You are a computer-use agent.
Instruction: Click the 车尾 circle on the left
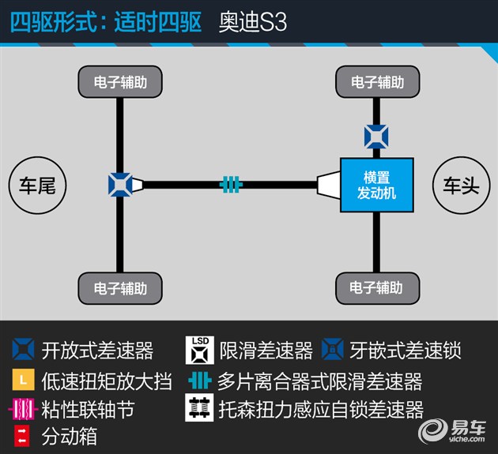(37, 186)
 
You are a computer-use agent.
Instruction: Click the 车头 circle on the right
(461, 186)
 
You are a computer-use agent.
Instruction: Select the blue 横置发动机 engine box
(377, 185)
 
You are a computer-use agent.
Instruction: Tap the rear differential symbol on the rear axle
(120, 185)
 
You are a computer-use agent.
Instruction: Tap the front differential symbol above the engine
(376, 137)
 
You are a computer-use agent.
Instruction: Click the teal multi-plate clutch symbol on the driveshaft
(231, 184)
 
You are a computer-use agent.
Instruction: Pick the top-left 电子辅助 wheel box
(120, 81)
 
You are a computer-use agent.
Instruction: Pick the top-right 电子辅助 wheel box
(377, 81)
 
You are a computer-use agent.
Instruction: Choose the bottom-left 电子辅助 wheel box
(120, 288)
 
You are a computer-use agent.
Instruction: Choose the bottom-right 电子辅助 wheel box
(377, 288)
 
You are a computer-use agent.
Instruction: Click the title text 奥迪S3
(253, 22)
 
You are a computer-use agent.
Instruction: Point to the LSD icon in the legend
(200, 351)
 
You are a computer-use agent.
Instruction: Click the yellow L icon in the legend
(23, 380)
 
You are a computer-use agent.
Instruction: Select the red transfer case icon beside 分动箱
(22, 436)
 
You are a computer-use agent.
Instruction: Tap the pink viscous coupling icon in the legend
(23, 409)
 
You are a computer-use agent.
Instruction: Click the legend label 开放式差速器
(97, 351)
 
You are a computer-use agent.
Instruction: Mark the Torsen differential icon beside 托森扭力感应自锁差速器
(199, 407)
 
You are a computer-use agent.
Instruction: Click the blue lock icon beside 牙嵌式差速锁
(333, 349)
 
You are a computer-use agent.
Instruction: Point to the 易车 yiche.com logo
(452, 431)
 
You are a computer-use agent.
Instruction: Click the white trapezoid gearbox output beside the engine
(329, 185)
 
